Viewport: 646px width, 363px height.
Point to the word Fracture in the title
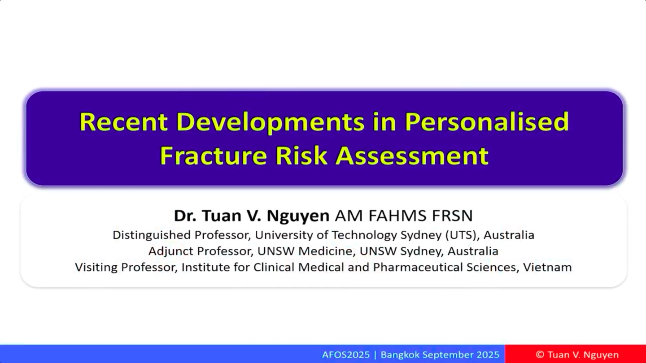click(x=214, y=156)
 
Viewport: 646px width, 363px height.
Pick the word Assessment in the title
click(x=412, y=156)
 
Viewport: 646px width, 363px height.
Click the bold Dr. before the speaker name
click(x=185, y=216)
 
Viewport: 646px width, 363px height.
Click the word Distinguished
click(x=152, y=235)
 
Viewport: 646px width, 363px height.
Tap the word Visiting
click(x=96, y=268)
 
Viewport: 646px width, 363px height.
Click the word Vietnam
click(x=547, y=267)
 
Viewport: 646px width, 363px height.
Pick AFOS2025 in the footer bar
click(x=346, y=354)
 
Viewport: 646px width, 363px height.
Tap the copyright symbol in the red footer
click(x=540, y=354)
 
